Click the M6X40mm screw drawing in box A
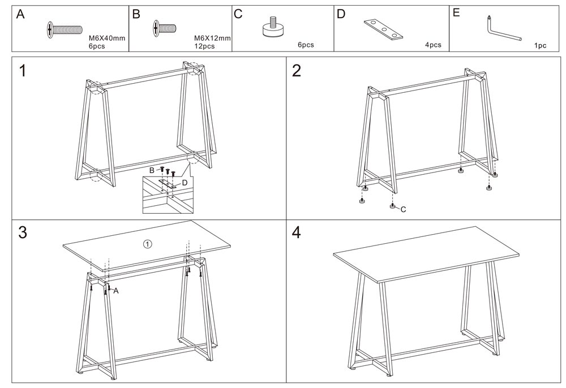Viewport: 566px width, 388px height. pos(66,29)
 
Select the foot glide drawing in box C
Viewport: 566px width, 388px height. pos(273,28)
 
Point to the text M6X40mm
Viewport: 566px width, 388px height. pos(107,38)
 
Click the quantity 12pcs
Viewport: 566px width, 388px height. pos(204,46)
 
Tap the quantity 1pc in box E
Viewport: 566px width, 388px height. pos(540,46)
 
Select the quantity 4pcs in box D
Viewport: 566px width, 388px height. pos(433,45)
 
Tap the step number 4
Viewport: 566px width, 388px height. pos(297,232)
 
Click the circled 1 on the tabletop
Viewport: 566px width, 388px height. pos(147,244)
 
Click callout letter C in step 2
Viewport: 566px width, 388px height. pos(404,209)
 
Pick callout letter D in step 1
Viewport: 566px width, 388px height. pos(185,183)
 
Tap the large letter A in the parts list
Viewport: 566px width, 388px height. pos(20,14)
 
